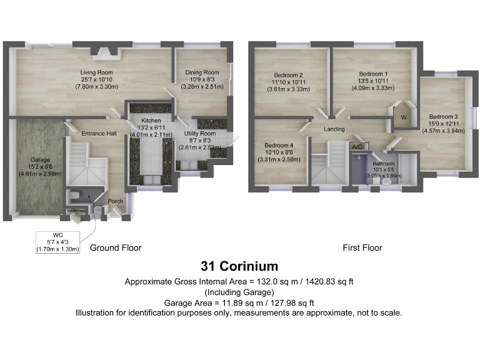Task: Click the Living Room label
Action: [x=96, y=72]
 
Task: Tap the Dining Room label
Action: [x=201, y=72]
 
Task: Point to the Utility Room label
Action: [x=199, y=134]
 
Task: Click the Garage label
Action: [x=41, y=160]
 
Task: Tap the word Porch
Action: [x=116, y=201]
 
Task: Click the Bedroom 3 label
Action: [x=442, y=116]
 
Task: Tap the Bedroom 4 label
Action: [x=279, y=145]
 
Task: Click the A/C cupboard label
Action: [x=357, y=147]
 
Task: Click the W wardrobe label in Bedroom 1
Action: [x=403, y=117]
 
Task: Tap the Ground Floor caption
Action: [x=116, y=248]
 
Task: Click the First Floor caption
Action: [x=362, y=248]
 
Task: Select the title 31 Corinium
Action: [x=239, y=267]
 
